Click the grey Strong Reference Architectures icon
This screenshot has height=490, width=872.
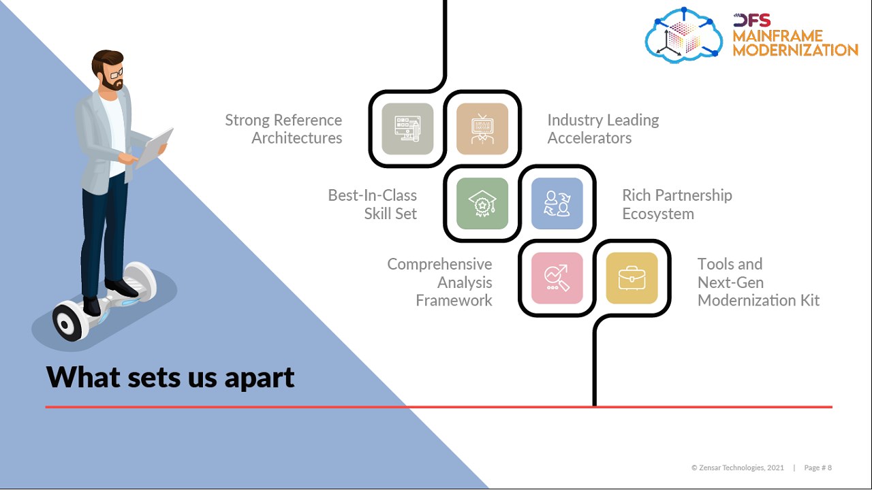(x=407, y=129)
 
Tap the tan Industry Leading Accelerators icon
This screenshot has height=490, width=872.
(x=482, y=129)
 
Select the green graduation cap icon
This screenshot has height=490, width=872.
(x=482, y=203)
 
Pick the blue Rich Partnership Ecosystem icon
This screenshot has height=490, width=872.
(x=557, y=203)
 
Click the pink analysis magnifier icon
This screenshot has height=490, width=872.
(x=557, y=278)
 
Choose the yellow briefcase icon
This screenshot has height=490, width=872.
(x=632, y=278)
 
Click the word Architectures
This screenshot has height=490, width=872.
(x=297, y=138)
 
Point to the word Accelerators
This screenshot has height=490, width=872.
(x=589, y=138)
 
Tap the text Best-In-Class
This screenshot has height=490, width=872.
(x=372, y=195)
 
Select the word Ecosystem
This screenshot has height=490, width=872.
(x=658, y=214)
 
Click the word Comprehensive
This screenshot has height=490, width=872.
(x=439, y=264)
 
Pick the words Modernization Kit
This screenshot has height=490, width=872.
(x=758, y=300)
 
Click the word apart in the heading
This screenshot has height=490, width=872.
(x=262, y=377)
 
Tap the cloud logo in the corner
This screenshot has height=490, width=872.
(x=684, y=35)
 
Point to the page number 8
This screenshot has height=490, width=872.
(x=829, y=468)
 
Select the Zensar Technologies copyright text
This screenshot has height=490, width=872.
(x=738, y=468)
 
